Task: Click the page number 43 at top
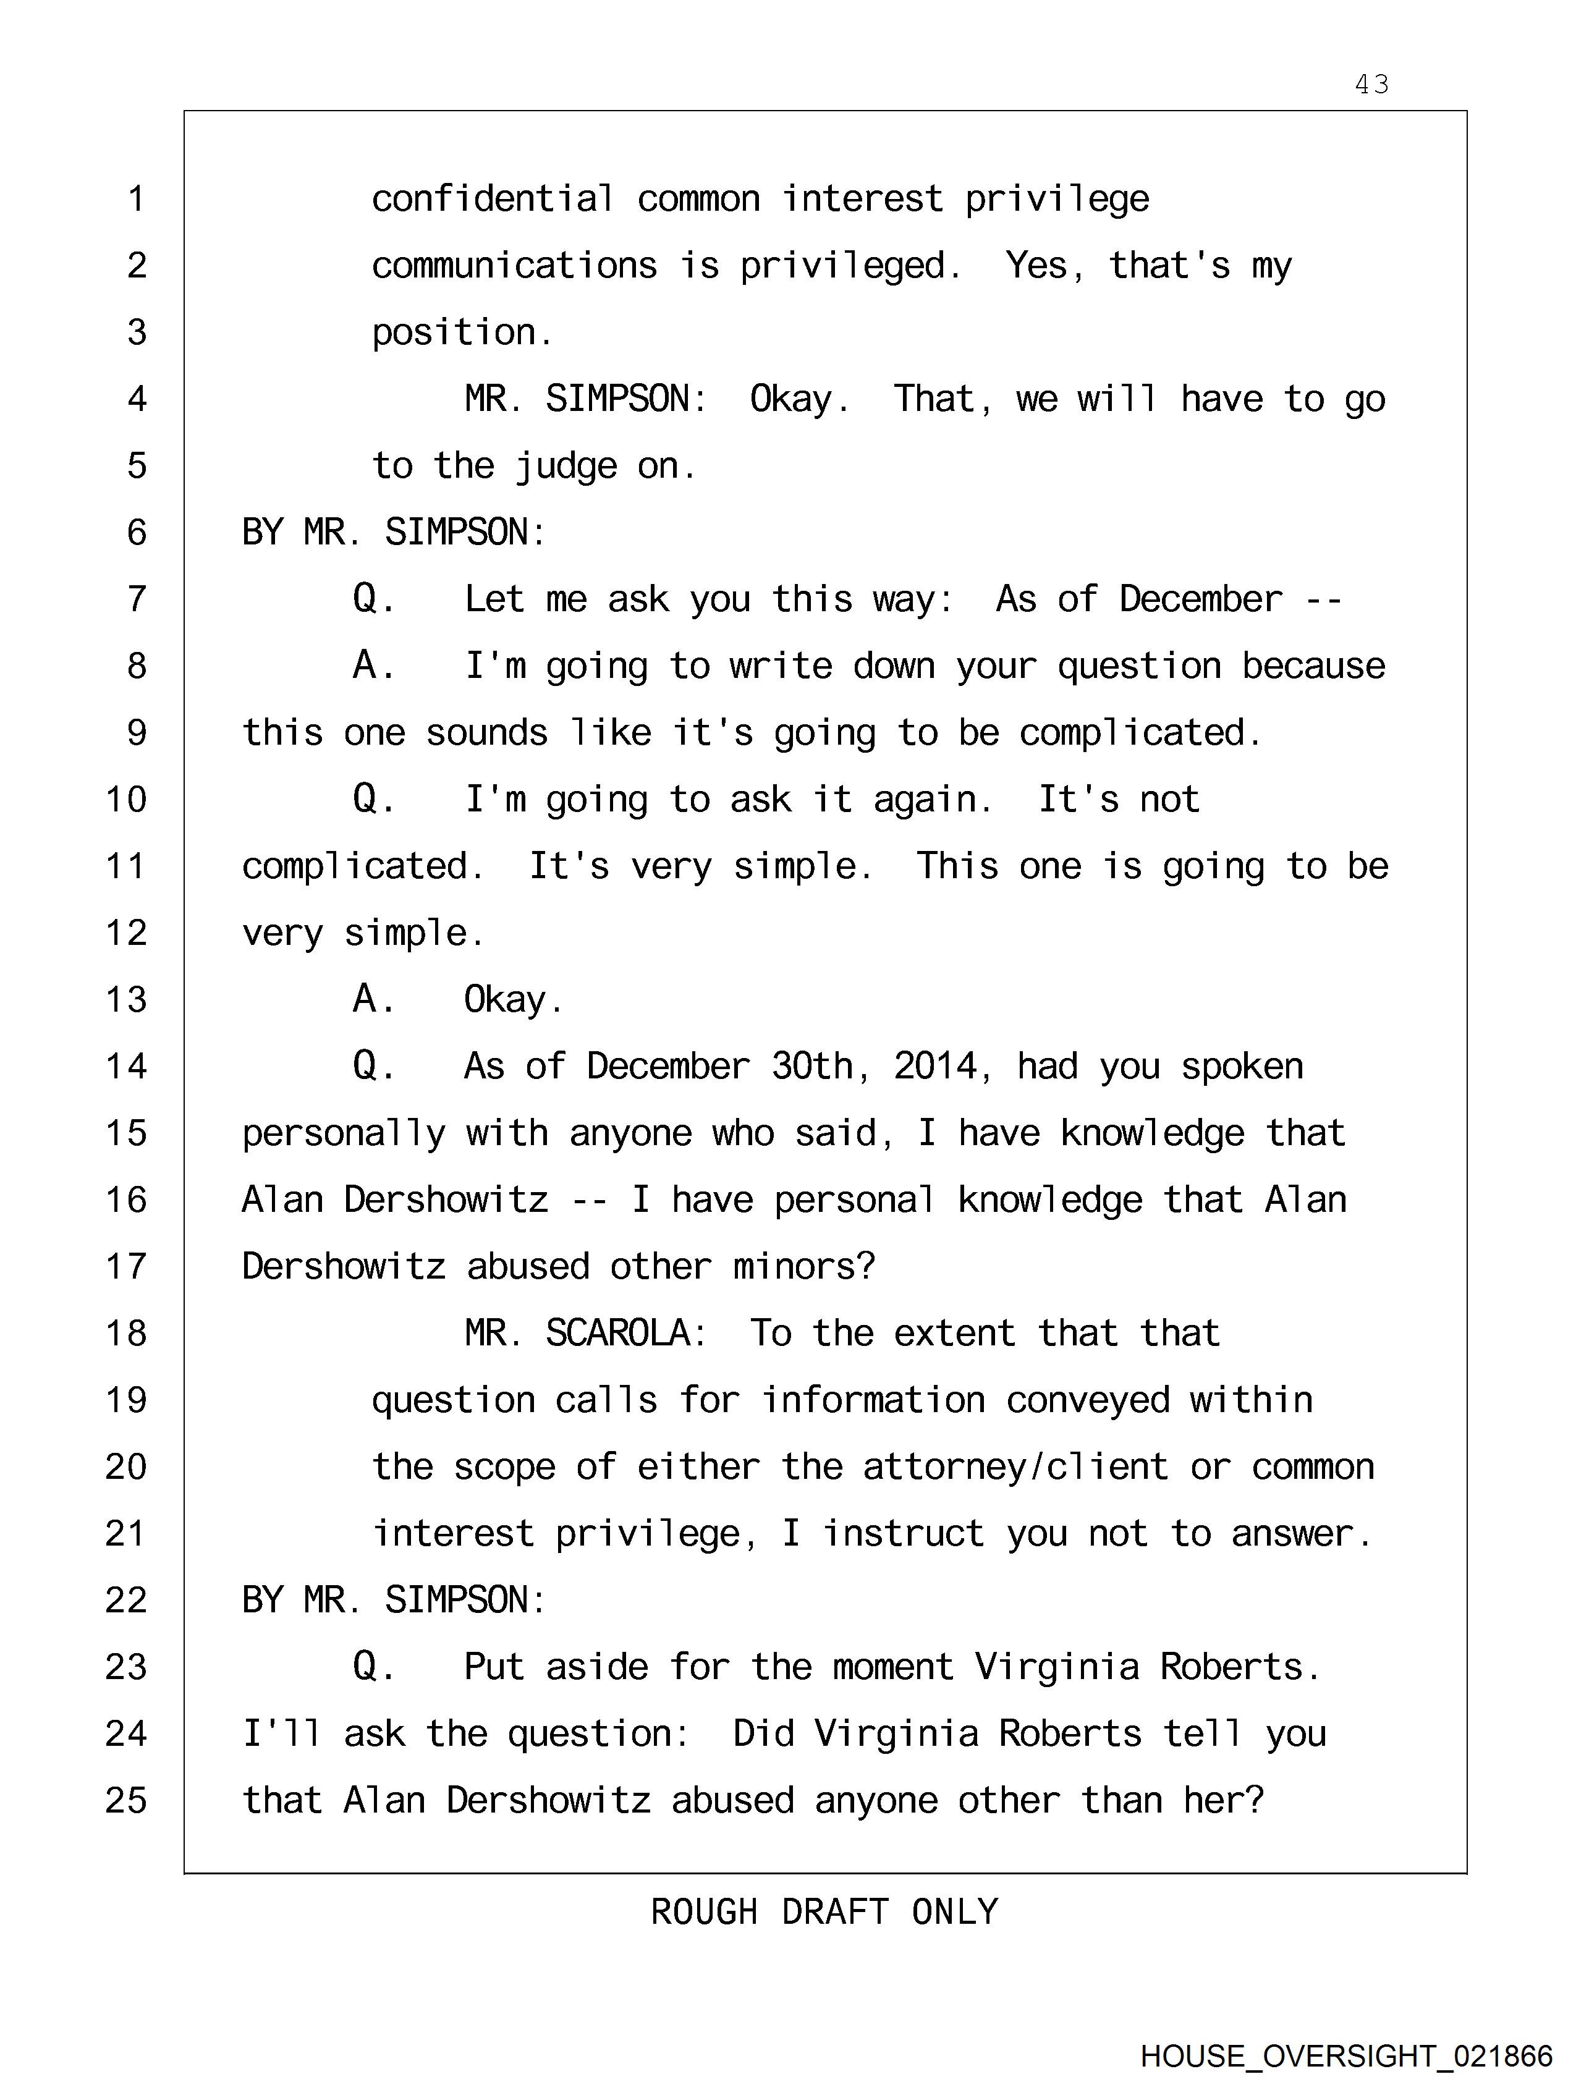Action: [1371, 85]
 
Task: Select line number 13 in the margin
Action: [126, 999]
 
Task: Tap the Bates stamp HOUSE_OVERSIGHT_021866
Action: [1346, 2055]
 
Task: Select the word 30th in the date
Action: [813, 1067]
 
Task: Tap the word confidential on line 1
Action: [493, 200]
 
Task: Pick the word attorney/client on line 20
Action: [1015, 1467]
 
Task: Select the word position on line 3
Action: [461, 333]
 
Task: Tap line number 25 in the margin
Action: [126, 1801]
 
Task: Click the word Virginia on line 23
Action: [1056, 1667]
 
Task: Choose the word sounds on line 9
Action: [486, 733]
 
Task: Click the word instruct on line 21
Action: [904, 1534]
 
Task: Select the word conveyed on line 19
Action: [1087, 1400]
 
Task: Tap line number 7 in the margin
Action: [137, 599]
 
